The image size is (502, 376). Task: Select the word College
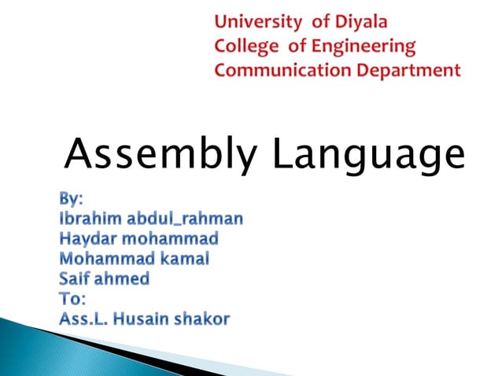(245, 46)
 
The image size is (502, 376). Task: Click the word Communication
(279, 70)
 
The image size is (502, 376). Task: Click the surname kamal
(183, 258)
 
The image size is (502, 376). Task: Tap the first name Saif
(76, 278)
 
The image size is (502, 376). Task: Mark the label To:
(76, 299)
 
